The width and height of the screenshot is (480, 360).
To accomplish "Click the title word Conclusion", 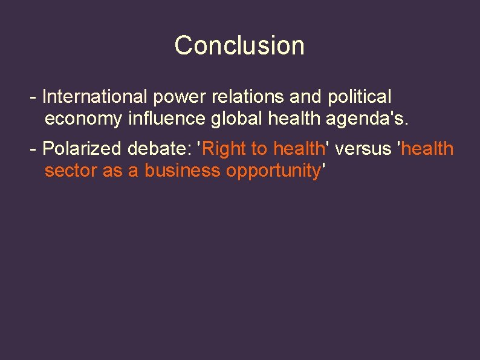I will click(239, 45).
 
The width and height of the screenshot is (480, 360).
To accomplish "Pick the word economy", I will click(83, 119).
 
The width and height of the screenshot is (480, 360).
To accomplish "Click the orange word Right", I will click(225, 148).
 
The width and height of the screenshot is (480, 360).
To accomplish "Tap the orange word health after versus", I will click(427, 148).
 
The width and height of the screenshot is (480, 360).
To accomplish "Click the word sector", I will click(71, 171).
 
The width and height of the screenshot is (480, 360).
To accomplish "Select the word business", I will click(182, 171).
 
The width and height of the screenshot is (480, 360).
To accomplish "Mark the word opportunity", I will click(273, 171).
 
